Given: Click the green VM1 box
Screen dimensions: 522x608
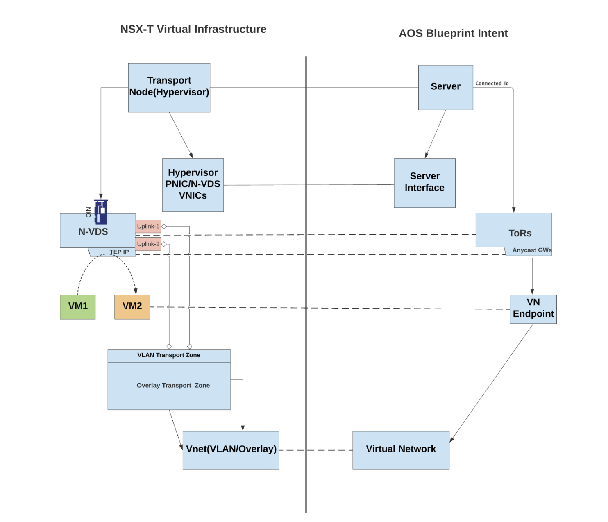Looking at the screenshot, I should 77,306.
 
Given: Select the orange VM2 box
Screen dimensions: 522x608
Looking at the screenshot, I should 132,306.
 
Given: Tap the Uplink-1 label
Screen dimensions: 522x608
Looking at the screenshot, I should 148,226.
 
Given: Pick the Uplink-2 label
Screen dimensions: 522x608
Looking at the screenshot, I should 148,244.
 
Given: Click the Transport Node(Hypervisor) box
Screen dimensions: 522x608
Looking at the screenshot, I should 169,87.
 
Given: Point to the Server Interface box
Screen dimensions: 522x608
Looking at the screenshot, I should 424,183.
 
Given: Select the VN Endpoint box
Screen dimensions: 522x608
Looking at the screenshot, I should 533,309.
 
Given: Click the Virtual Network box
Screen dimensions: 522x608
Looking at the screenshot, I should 400,449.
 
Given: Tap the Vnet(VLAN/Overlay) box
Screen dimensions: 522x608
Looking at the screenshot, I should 231,449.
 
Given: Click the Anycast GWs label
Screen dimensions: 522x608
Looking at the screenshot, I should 531,250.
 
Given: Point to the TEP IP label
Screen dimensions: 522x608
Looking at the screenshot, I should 119,252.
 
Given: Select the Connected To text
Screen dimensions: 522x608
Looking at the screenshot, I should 492,84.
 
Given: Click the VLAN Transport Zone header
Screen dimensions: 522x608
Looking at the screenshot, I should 169,355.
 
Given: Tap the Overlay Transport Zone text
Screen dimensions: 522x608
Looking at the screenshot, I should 173,386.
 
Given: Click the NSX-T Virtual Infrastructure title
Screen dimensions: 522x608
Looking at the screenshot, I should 193,30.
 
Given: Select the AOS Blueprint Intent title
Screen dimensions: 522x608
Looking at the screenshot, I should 453,34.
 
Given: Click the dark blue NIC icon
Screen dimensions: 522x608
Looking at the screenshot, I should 100,211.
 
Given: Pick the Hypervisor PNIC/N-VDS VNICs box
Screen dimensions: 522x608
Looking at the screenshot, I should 193,185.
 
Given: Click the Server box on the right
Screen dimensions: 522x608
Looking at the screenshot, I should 445,87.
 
